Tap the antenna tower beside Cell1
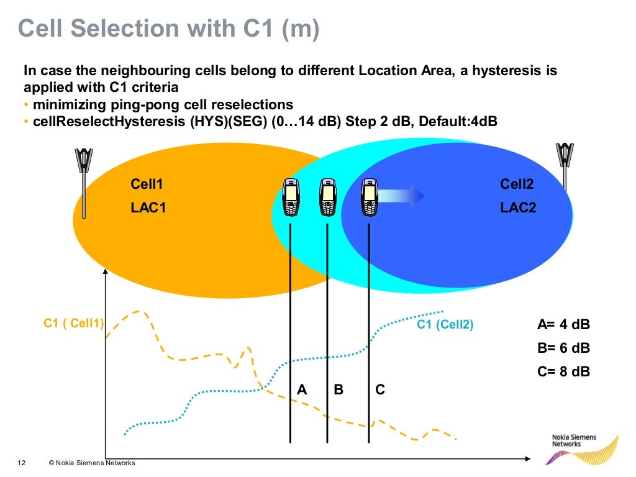coord(84,180)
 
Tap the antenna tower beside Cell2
coord(565,165)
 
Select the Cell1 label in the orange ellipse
coord(147,184)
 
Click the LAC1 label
coord(148,208)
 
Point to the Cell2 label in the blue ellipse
coord(517,184)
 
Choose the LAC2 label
coord(518,208)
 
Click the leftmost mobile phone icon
coord(290,197)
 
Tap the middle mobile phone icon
coord(327,197)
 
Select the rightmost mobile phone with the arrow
coord(369,197)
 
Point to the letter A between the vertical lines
coord(302,389)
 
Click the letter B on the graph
coord(338,389)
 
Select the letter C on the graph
coord(380,389)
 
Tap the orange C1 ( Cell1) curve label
coord(73,323)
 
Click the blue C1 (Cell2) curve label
coord(445,324)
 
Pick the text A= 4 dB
coord(563,324)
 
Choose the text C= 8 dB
coord(563,371)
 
